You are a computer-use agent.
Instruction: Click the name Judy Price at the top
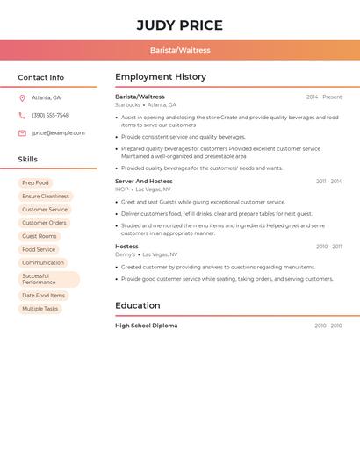[x=180, y=25]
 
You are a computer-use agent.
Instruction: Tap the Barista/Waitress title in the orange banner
[x=180, y=50]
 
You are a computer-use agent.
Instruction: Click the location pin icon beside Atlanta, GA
[x=22, y=97]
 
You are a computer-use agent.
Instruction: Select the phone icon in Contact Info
[x=22, y=115]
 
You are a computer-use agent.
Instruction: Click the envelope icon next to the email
[x=22, y=133]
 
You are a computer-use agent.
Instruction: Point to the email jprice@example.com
[x=58, y=133]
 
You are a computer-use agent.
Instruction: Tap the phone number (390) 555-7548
[x=50, y=115]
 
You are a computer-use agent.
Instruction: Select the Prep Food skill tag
[x=35, y=182]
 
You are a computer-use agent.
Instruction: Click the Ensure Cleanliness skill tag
[x=46, y=197]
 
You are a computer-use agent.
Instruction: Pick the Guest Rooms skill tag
[x=40, y=236]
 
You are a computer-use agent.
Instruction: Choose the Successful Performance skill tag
[x=48, y=279]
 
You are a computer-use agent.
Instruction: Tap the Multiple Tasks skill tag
[x=40, y=309]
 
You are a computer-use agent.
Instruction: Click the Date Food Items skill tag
[x=44, y=296]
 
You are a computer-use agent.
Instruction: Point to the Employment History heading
[x=161, y=76]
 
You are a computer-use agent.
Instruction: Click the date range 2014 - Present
[x=324, y=97]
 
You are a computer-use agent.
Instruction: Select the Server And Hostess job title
[x=144, y=181]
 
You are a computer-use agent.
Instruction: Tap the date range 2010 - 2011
[x=329, y=247]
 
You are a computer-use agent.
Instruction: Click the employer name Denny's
[x=126, y=254]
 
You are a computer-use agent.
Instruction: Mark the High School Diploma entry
[x=146, y=325]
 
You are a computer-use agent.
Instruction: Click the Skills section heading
[x=28, y=159]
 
